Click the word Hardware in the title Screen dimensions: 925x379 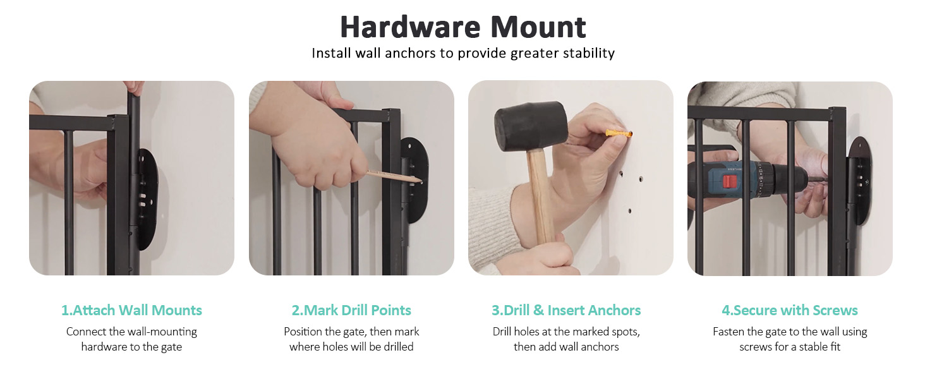pos(410,27)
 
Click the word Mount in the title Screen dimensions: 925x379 pos(538,27)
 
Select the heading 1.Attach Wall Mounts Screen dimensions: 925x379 pos(131,310)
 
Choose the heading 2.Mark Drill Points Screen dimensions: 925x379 pos(351,310)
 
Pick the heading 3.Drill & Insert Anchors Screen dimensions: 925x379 pos(566,310)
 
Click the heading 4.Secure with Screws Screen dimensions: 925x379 pos(790,310)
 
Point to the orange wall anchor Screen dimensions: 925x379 pos(619,133)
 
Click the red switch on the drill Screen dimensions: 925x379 pos(730,181)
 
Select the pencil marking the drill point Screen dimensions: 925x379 pos(394,176)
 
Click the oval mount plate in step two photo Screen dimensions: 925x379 pos(416,180)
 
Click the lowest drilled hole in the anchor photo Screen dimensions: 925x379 pos(629,211)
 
